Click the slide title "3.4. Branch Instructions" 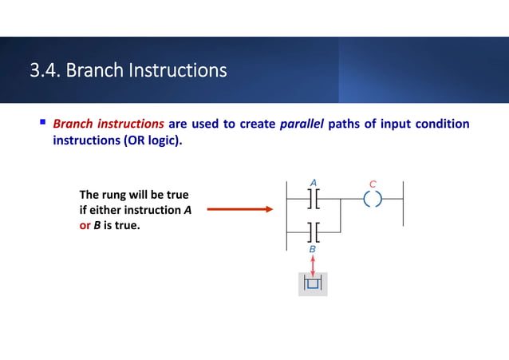[128, 71]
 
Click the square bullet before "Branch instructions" [42, 124]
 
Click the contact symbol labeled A [313, 198]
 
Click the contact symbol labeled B [313, 232]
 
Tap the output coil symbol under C [373, 198]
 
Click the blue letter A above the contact [314, 183]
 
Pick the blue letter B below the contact [313, 250]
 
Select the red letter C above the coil [373, 183]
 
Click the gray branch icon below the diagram [313, 283]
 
